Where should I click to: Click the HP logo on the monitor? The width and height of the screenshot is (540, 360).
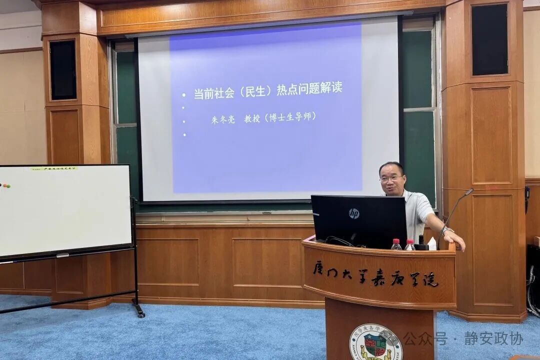pyautogui.click(x=354, y=213)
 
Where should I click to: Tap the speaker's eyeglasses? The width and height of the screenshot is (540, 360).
pyautogui.click(x=391, y=178)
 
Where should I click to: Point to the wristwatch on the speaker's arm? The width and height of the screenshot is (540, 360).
pyautogui.click(x=446, y=230)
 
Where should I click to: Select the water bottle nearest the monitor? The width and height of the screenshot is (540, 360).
pyautogui.click(x=396, y=244)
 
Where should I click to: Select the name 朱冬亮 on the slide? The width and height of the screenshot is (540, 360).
pyautogui.click(x=223, y=119)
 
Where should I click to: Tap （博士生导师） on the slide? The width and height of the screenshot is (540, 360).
pyautogui.click(x=291, y=116)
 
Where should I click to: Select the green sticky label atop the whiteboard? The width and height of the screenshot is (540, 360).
pyautogui.click(x=53, y=168)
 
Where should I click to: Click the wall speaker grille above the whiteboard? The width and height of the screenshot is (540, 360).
pyautogui.click(x=63, y=70)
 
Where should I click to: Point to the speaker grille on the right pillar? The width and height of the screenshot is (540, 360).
pyautogui.click(x=489, y=39)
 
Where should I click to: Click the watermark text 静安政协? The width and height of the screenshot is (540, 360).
pyautogui.click(x=493, y=338)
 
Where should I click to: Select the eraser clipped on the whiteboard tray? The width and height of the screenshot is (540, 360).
pyautogui.click(x=62, y=255)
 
